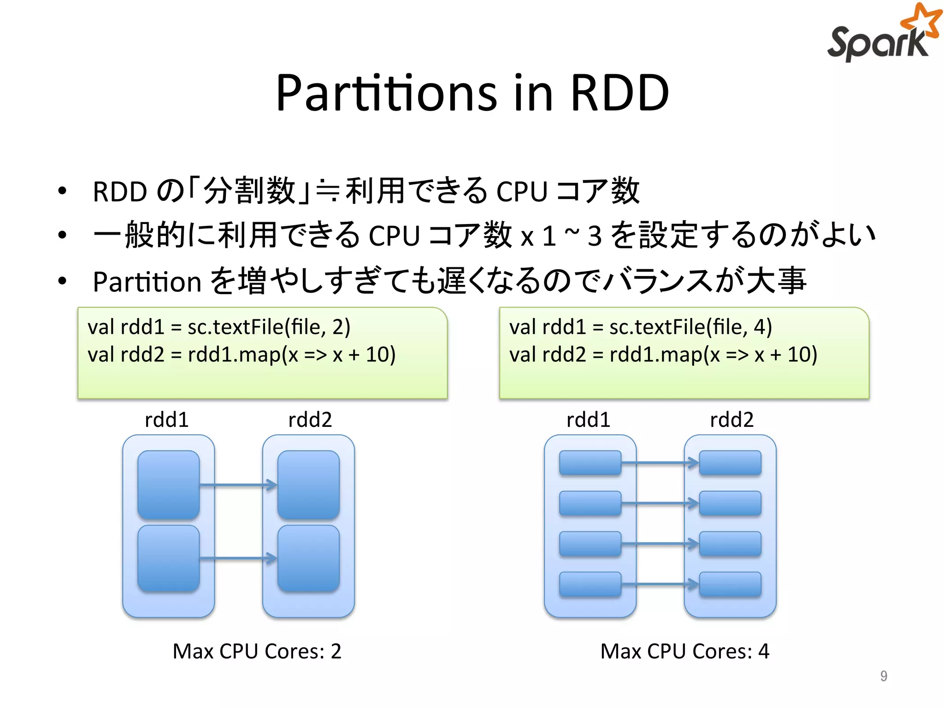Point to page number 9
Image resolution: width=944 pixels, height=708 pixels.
(x=883, y=676)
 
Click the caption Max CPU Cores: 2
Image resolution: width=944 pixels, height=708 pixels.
(x=257, y=651)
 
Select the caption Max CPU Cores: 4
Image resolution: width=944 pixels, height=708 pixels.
(x=684, y=651)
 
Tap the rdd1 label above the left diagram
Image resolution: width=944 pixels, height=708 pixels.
(x=166, y=420)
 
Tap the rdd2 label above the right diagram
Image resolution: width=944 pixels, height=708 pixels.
(x=732, y=420)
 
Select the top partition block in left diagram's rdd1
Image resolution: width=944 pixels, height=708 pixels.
(x=169, y=484)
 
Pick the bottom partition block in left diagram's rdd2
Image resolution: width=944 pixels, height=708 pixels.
(x=308, y=559)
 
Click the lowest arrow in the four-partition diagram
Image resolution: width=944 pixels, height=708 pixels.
(x=660, y=584)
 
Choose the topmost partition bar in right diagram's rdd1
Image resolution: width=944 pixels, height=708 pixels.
(x=590, y=463)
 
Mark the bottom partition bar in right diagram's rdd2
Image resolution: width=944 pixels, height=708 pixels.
(x=730, y=584)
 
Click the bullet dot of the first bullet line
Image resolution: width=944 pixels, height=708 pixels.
(x=62, y=191)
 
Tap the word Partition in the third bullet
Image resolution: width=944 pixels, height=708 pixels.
(x=147, y=282)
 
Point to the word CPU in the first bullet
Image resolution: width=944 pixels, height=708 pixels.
(x=522, y=191)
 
